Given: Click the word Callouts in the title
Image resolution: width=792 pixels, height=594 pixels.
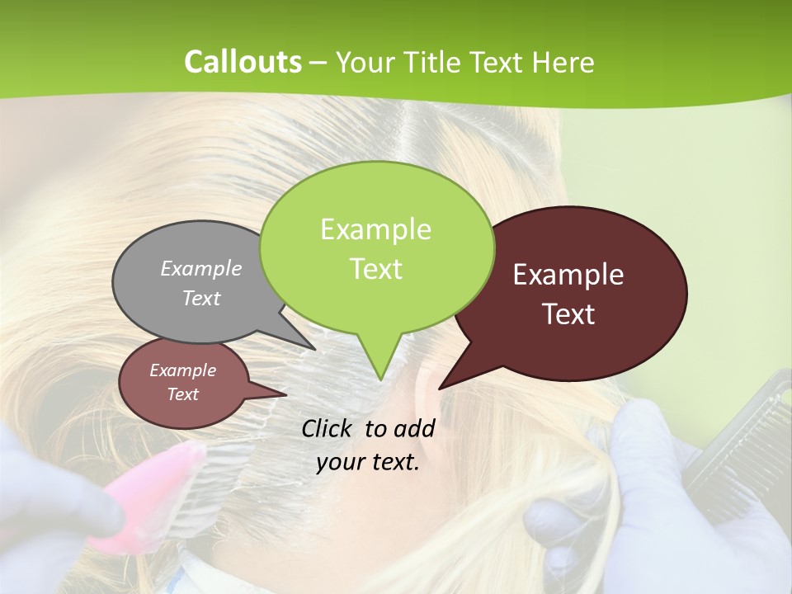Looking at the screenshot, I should click(x=243, y=62).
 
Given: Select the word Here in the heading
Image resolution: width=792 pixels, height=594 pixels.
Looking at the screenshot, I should click(x=563, y=62).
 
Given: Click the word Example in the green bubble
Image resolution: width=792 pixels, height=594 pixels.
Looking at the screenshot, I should click(x=376, y=229).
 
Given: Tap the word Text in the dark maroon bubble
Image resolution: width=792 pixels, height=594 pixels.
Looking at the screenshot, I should click(x=569, y=314).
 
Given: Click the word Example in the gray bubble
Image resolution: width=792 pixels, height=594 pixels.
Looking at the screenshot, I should click(x=201, y=269).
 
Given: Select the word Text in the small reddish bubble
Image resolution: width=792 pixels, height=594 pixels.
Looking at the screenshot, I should click(x=183, y=394).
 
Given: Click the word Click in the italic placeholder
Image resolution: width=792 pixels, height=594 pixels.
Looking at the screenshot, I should click(x=328, y=428).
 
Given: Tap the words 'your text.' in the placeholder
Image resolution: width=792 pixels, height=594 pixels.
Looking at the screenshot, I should click(x=368, y=462).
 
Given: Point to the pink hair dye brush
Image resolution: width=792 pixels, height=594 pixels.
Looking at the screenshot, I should click(x=148, y=495).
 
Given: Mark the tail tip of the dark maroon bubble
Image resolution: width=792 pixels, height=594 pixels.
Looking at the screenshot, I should click(x=441, y=388).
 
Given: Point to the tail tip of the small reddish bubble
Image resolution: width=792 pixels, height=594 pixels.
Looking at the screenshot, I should click(x=285, y=394).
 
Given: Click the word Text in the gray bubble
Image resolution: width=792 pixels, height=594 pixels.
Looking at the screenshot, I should click(x=201, y=299).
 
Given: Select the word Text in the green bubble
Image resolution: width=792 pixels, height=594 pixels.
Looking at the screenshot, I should click(x=376, y=269).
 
